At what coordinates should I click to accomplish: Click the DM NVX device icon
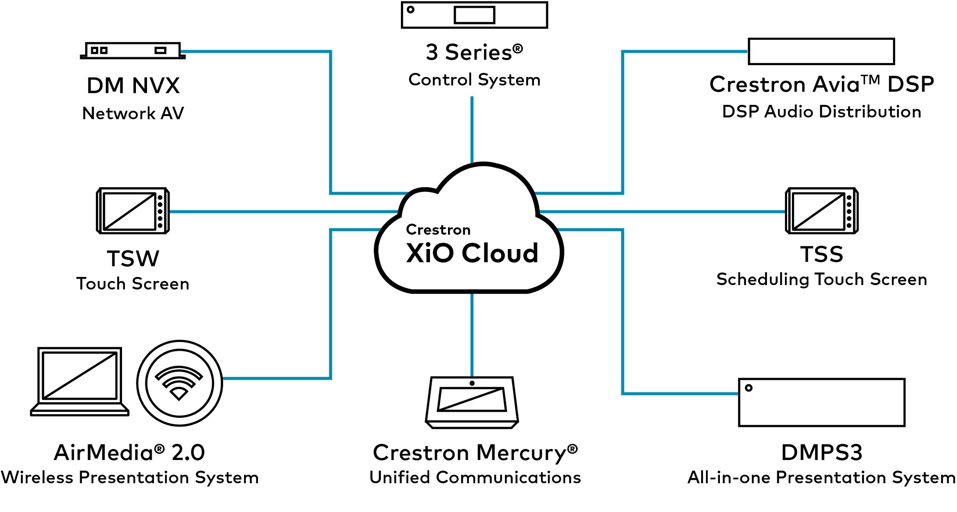click(133, 51)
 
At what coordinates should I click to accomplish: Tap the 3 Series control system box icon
click(474, 15)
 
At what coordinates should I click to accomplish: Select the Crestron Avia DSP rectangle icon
click(821, 52)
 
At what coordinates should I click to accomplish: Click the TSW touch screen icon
click(133, 211)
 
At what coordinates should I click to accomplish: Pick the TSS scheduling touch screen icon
click(821, 211)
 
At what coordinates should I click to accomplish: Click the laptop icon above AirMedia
click(80, 381)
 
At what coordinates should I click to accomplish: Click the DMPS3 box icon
click(821, 403)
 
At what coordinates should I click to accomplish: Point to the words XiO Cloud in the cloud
click(472, 253)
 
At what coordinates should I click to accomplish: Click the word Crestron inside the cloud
click(438, 230)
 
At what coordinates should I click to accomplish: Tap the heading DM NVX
click(133, 86)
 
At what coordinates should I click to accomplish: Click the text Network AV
click(133, 113)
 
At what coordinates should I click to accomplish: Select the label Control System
click(474, 80)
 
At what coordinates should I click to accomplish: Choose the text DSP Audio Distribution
click(821, 112)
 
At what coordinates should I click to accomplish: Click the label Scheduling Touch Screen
click(821, 280)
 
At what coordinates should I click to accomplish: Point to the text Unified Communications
click(475, 478)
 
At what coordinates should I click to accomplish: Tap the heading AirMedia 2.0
click(129, 453)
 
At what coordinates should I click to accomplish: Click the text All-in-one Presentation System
click(821, 478)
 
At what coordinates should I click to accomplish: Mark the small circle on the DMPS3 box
click(749, 388)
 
